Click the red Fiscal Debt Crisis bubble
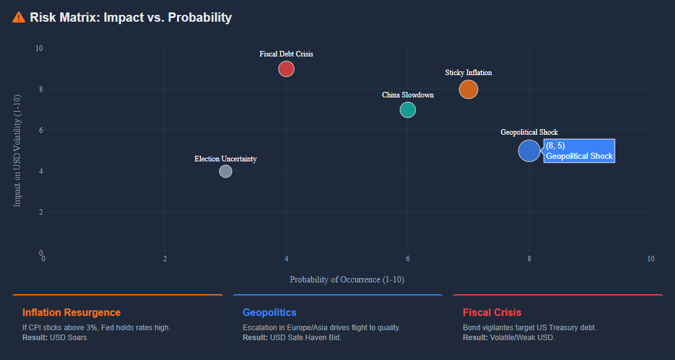[286, 69]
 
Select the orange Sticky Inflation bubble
[468, 89]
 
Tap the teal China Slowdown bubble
[407, 110]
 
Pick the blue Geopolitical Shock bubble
[529, 151]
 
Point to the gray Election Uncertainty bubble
[225, 171]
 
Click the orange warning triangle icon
[19, 17]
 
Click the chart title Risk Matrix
[130, 17]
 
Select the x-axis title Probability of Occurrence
[347, 279]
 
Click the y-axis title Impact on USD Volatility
[17, 150]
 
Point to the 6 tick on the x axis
[408, 259]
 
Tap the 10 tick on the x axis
[651, 259]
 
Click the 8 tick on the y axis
[40, 89]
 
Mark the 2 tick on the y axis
[40, 212]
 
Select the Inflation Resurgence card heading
[71, 312]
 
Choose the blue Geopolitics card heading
[270, 312]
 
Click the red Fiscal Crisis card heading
[492, 312]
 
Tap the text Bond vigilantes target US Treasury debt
[530, 328]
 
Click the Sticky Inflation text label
[468, 73]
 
